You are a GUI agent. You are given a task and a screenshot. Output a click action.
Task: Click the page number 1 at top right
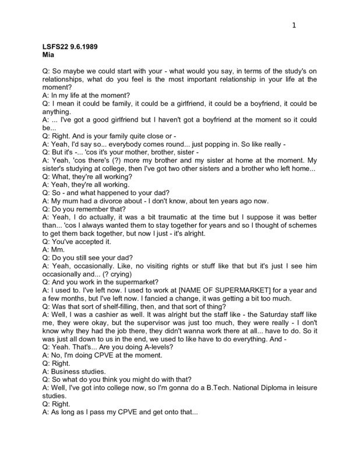point(294,25)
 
